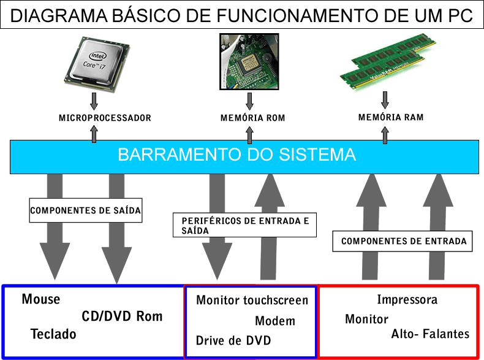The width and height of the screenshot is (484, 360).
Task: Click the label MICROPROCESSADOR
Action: (105, 118)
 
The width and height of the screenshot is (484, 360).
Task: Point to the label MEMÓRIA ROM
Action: (252, 118)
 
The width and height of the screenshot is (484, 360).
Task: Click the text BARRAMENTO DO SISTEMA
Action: (236, 155)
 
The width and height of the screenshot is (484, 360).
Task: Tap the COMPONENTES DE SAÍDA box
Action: (86, 210)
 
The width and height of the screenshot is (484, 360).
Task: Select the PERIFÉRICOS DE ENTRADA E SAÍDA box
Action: (245, 226)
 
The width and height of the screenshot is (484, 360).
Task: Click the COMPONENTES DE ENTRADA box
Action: (404, 241)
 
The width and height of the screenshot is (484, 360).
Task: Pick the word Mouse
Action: (41, 299)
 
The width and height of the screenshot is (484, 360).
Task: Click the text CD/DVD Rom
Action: (123, 316)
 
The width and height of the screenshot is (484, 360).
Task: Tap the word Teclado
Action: (53, 334)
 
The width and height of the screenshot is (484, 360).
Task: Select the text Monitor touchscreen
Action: (252, 301)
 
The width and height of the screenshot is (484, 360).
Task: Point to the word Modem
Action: (275, 321)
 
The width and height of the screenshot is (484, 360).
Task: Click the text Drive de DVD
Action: (233, 341)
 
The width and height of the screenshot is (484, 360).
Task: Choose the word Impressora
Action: (407, 300)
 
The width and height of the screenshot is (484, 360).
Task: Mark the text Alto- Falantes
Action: (430, 334)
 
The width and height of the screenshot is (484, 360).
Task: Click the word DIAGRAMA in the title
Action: (53, 16)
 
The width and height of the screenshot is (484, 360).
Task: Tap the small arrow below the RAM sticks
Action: (385, 98)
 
